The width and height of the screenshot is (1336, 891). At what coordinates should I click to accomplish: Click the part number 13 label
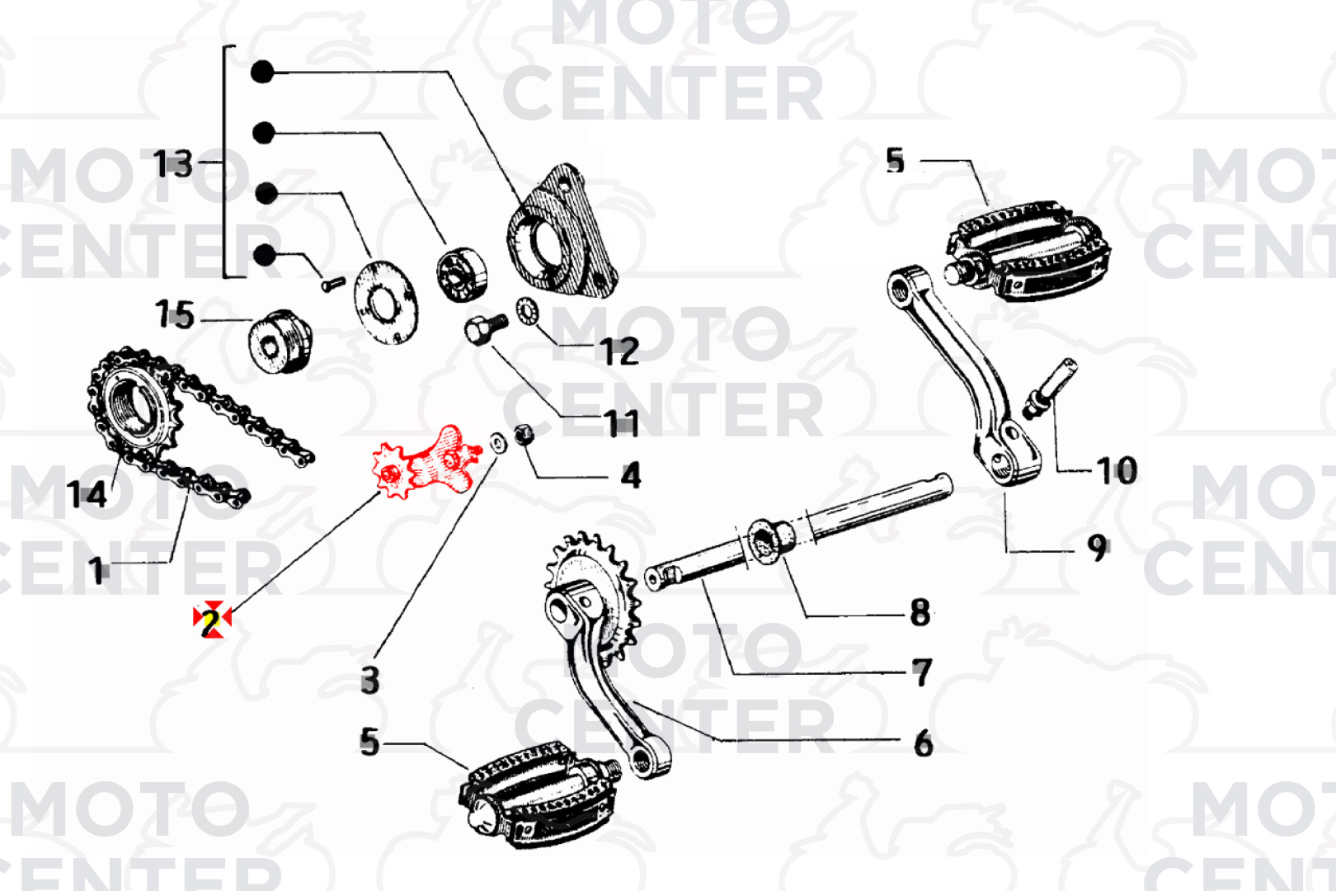(173, 163)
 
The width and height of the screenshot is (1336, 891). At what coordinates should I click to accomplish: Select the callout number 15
(175, 314)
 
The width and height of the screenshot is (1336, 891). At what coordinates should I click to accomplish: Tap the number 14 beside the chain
(87, 494)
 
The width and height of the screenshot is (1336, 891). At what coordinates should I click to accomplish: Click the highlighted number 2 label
(211, 619)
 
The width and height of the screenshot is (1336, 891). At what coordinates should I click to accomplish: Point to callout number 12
(619, 352)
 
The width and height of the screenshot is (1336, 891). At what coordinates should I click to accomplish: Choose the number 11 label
(622, 423)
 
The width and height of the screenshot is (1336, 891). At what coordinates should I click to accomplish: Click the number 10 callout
(1117, 470)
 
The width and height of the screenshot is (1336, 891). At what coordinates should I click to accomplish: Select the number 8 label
(920, 612)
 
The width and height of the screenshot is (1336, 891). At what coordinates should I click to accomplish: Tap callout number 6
(923, 743)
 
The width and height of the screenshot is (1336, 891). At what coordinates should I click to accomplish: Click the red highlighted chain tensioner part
(426, 465)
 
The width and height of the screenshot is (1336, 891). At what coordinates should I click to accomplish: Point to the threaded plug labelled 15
(280, 342)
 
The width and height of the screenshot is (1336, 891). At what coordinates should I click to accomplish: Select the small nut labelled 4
(524, 434)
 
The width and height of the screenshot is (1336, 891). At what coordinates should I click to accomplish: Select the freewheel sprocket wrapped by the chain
(132, 404)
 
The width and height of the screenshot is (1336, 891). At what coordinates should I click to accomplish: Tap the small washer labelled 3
(498, 442)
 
